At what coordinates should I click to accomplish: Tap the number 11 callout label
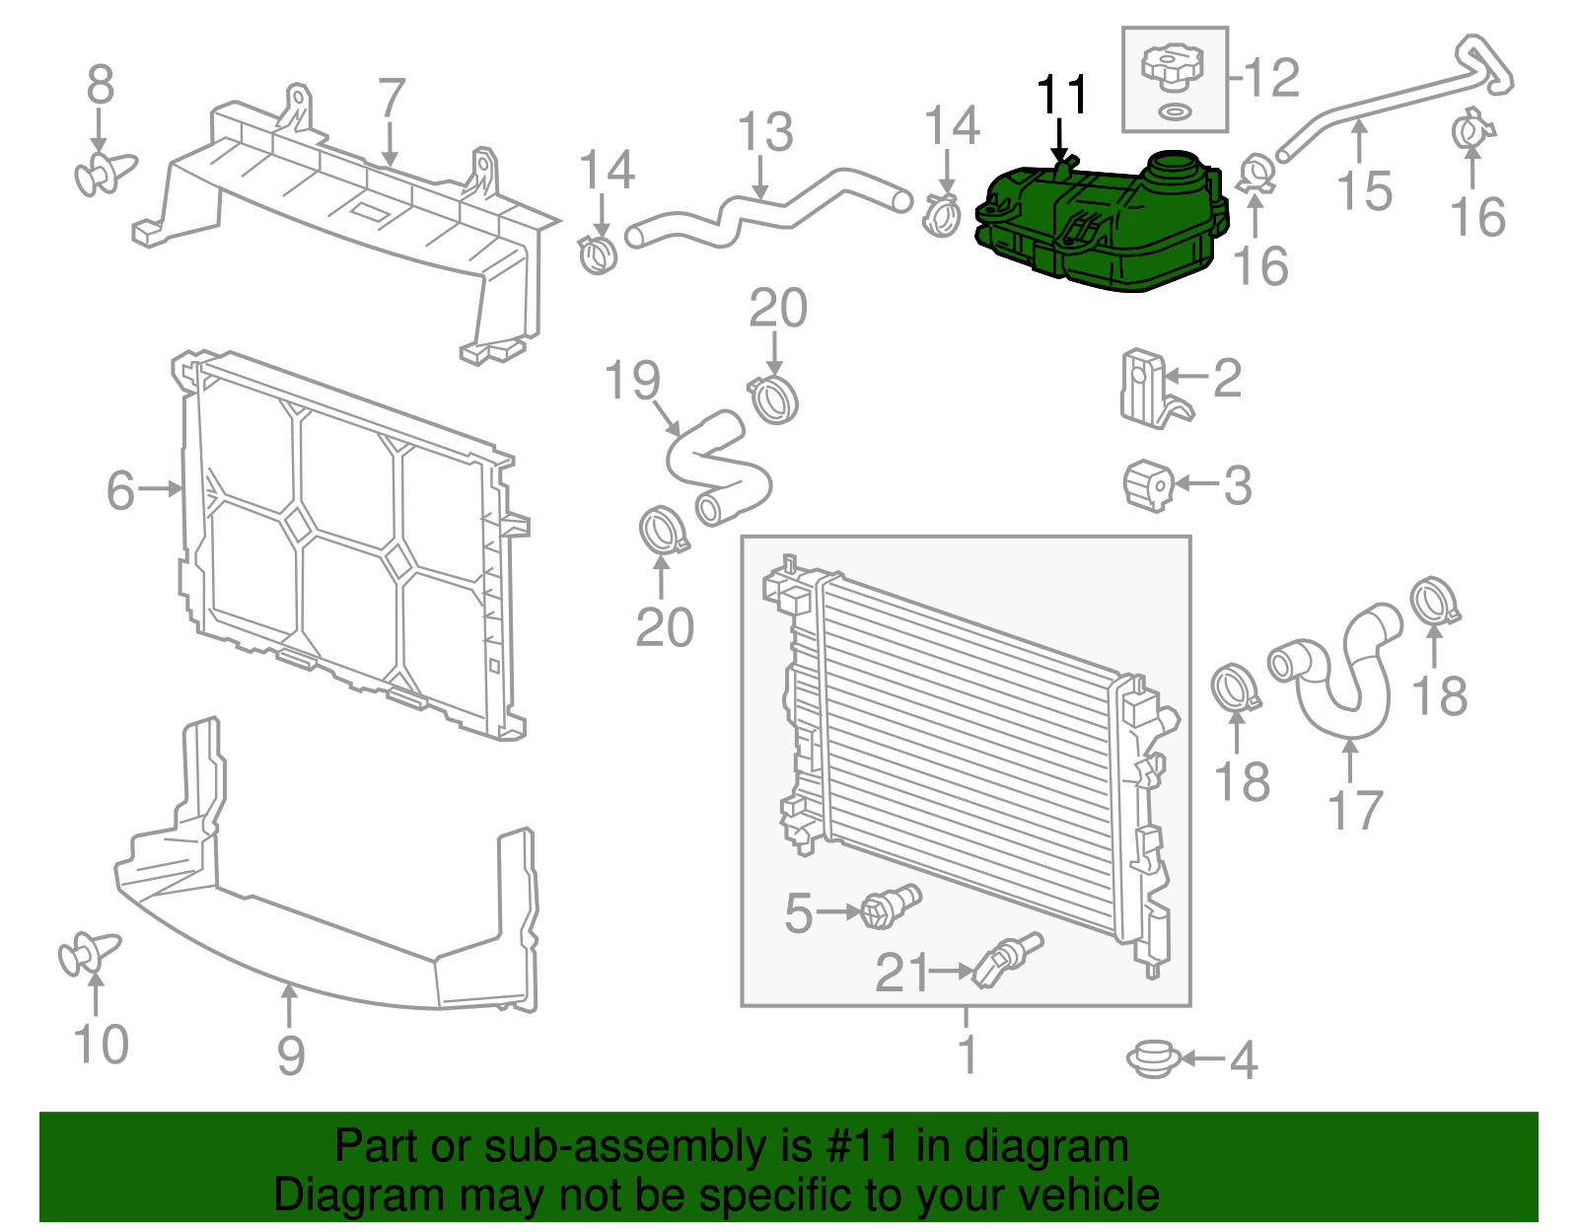pyautogui.click(x=1062, y=97)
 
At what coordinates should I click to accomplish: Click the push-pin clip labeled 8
pyautogui.click(x=103, y=175)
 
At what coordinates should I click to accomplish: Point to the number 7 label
pyautogui.click(x=392, y=99)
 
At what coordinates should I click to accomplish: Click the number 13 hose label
pyautogui.click(x=765, y=132)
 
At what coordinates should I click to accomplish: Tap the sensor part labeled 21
pyautogui.click(x=1006, y=958)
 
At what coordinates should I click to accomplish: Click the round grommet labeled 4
pyautogui.click(x=1153, y=1059)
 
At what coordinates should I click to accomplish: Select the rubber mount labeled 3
pyautogui.click(x=1148, y=485)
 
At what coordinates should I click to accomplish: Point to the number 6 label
pyautogui.click(x=120, y=490)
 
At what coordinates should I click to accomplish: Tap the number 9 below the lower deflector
pyautogui.click(x=290, y=1055)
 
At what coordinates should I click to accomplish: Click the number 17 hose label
pyautogui.click(x=1355, y=811)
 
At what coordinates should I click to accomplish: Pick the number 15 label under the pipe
pyautogui.click(x=1364, y=190)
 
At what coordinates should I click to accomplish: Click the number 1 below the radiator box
pyautogui.click(x=968, y=1053)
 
